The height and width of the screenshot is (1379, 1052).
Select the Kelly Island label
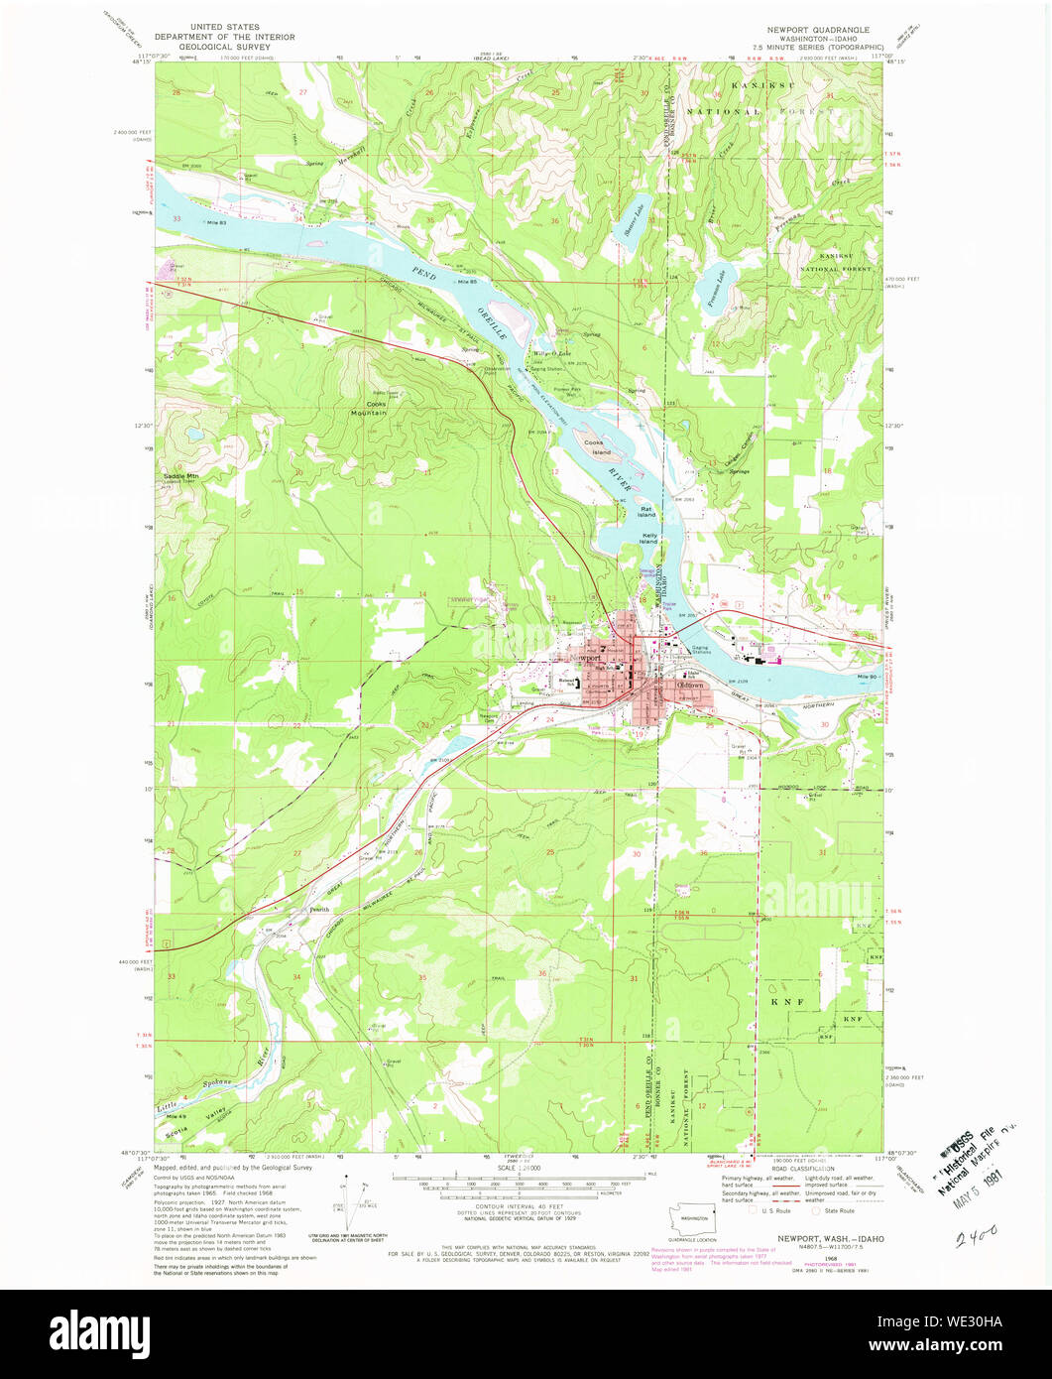[648, 538]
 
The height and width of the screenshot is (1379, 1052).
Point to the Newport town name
[587, 658]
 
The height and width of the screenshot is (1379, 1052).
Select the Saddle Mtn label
[180, 476]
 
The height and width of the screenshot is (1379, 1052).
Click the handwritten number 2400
[975, 1237]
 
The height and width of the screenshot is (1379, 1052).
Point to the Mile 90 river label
[869, 677]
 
